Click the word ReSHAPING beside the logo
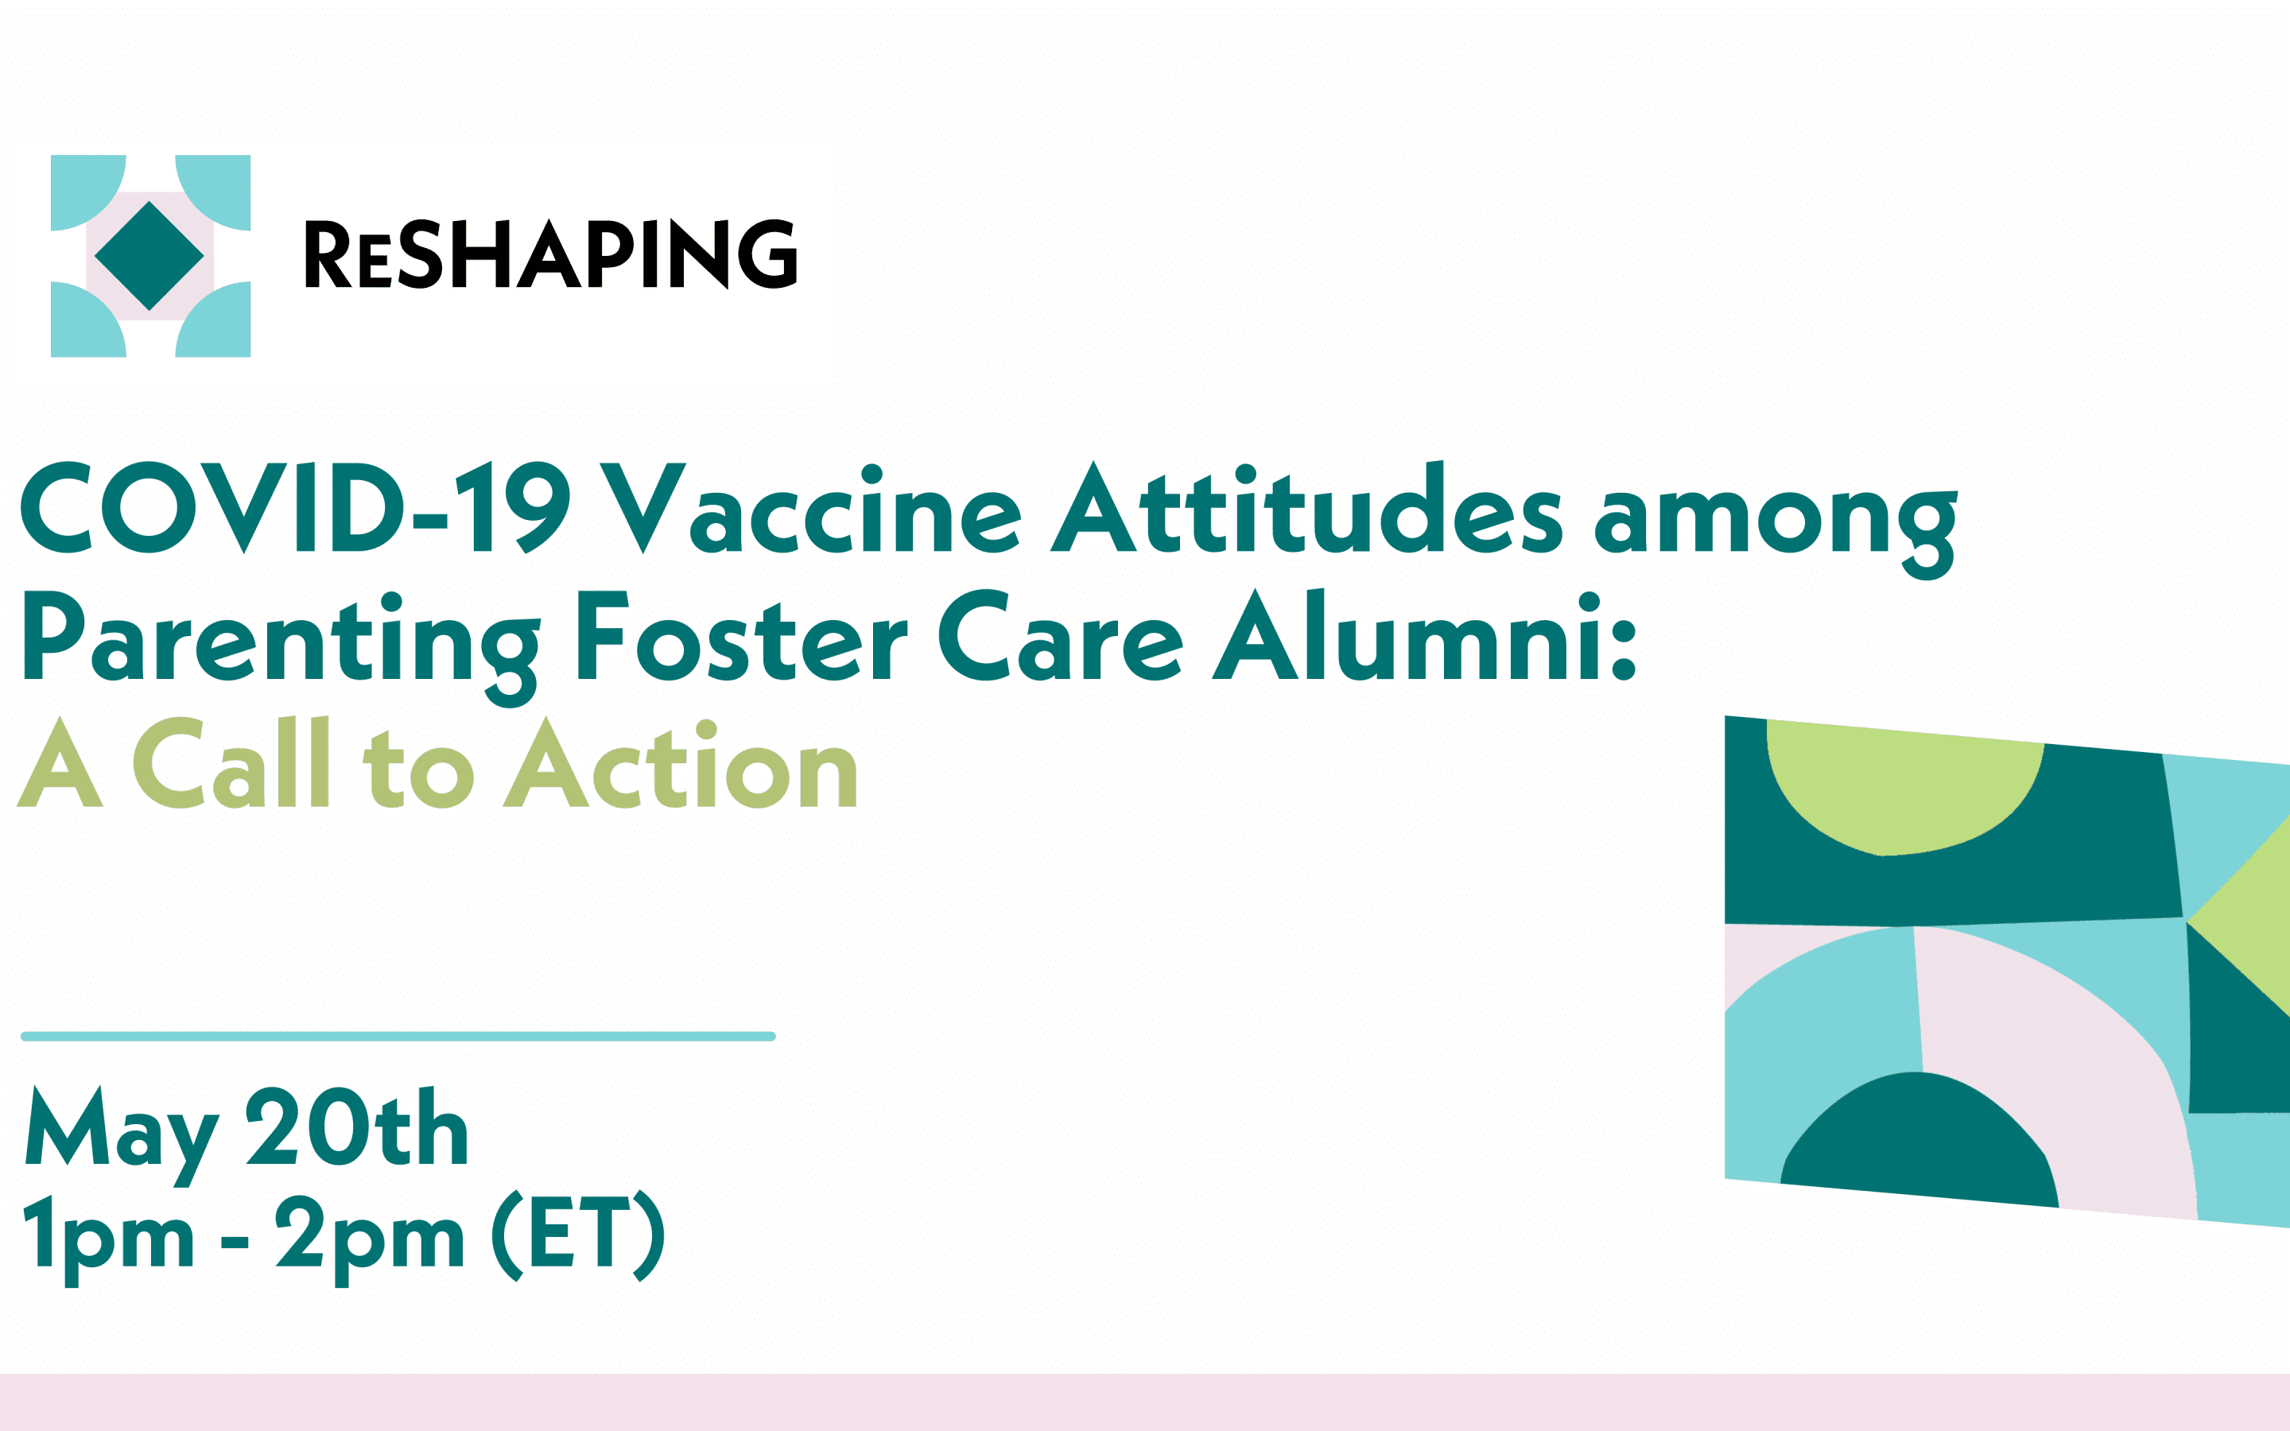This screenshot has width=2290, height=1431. (551, 254)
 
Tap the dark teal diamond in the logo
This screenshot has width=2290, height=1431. (149, 255)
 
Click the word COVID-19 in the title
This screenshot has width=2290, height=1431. (295, 507)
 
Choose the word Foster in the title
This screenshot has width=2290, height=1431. (743, 635)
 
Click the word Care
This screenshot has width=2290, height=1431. (1061, 635)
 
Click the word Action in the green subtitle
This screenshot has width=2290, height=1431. (679, 763)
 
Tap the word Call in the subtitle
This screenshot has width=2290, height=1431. (231, 763)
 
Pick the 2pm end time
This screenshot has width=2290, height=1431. (369, 1241)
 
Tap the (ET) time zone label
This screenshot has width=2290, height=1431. (578, 1235)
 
